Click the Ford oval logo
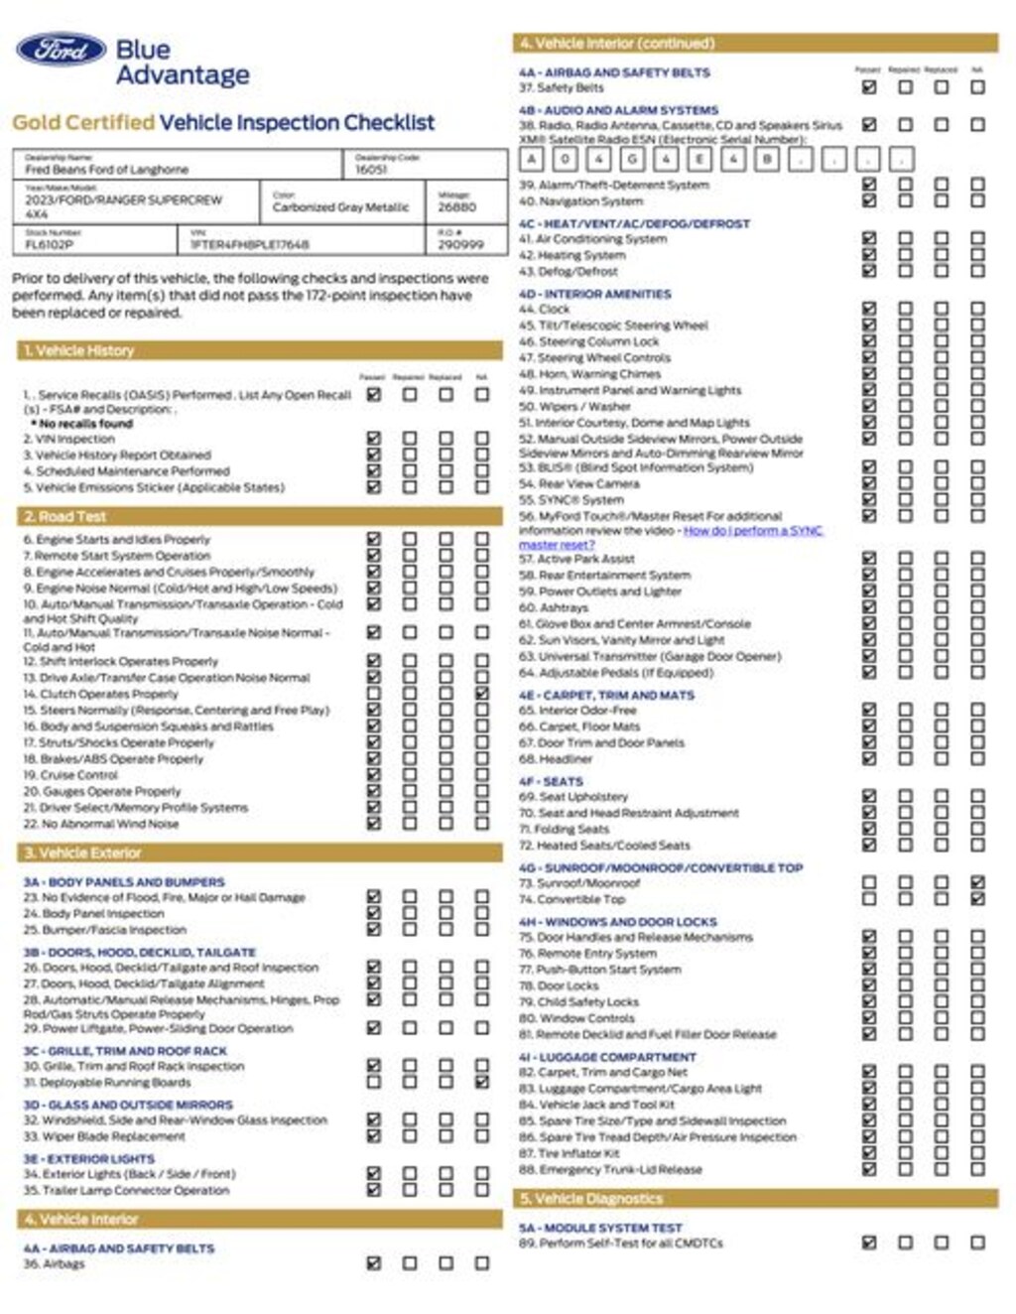[61, 50]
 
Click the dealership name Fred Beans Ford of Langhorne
[106, 170]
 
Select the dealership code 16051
[372, 170]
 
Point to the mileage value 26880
[457, 207]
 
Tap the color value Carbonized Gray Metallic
[340, 207]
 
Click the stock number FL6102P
[49, 244]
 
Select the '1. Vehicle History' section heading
[78, 350]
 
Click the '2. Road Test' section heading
[64, 516]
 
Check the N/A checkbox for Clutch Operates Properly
[482, 694]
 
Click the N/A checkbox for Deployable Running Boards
[482, 1082]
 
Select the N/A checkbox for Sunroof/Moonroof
[977, 882]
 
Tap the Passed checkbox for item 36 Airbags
[374, 1263]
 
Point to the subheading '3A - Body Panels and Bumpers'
[124, 881]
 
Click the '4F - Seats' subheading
[551, 781]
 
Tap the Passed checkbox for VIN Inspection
[374, 438]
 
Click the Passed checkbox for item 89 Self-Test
[869, 1243]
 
